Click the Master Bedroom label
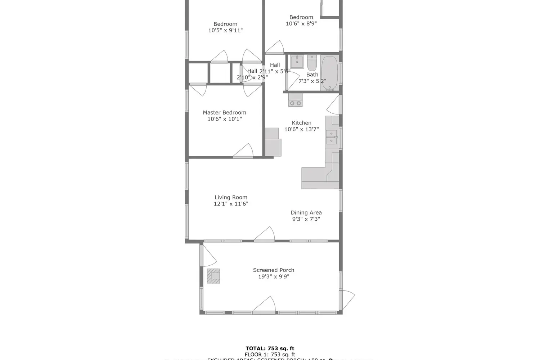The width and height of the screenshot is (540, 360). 224,113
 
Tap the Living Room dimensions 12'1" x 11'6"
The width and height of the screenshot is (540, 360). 231,204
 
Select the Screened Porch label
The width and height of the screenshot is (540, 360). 274,270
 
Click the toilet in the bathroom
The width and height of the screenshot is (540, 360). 312,63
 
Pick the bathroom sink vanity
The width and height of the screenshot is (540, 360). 297,62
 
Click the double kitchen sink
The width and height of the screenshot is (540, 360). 331,137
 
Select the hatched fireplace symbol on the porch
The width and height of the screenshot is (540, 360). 213,276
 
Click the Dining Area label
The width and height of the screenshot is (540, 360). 306,212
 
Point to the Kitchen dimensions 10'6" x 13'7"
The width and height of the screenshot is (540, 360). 301,129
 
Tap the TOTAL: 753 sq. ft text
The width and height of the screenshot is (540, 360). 270,348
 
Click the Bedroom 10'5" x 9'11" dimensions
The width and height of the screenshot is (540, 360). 225,31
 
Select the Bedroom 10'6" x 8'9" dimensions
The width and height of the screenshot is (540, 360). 301,24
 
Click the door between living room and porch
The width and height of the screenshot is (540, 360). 265,234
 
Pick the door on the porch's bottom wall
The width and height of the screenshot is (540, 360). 265,305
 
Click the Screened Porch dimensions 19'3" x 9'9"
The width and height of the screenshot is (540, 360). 274,276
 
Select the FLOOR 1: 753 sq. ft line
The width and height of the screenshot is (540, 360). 270,355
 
